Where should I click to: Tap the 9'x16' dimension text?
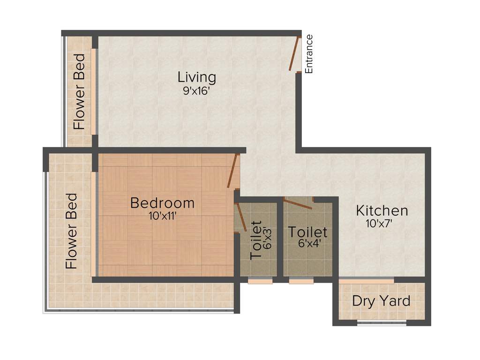click(x=197, y=91)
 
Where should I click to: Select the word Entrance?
click(x=308, y=54)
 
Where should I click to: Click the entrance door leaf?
click(x=293, y=53)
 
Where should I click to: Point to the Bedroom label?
click(x=162, y=203)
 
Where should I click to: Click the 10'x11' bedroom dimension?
click(x=162, y=216)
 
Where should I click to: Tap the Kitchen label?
click(x=382, y=210)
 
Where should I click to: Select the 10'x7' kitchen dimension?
click(x=379, y=224)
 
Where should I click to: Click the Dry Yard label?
click(x=381, y=301)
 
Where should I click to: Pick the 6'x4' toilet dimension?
click(x=307, y=244)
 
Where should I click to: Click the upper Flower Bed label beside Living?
click(x=79, y=91)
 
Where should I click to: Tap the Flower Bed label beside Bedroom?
click(x=71, y=232)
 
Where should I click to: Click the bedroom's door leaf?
click(x=232, y=171)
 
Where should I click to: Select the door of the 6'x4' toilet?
click(x=298, y=204)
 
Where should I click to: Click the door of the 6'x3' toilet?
click(x=241, y=218)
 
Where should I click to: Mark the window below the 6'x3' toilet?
click(x=260, y=281)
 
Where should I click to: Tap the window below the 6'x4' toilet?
click(x=301, y=281)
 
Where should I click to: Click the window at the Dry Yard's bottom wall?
click(x=381, y=322)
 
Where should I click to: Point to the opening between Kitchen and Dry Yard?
click(x=366, y=281)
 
